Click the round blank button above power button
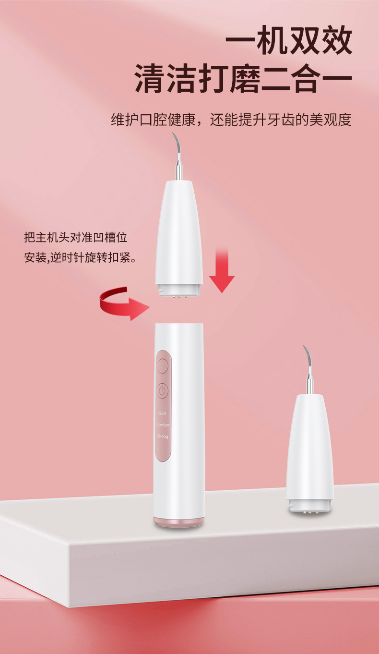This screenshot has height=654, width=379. coord(163,367)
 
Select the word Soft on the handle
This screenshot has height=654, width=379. coord(163,413)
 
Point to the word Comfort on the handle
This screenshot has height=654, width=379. coord(163,425)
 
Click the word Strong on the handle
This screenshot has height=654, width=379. coord(163,436)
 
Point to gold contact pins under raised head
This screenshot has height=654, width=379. coord(179,297)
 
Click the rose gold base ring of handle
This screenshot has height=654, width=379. coord(179,521)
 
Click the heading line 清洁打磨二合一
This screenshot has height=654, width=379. coord(243,79)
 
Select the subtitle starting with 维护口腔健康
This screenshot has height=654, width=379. coord(231,120)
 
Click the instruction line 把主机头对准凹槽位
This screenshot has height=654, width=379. coord(75,237)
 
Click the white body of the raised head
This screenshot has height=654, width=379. coord(179,230)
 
